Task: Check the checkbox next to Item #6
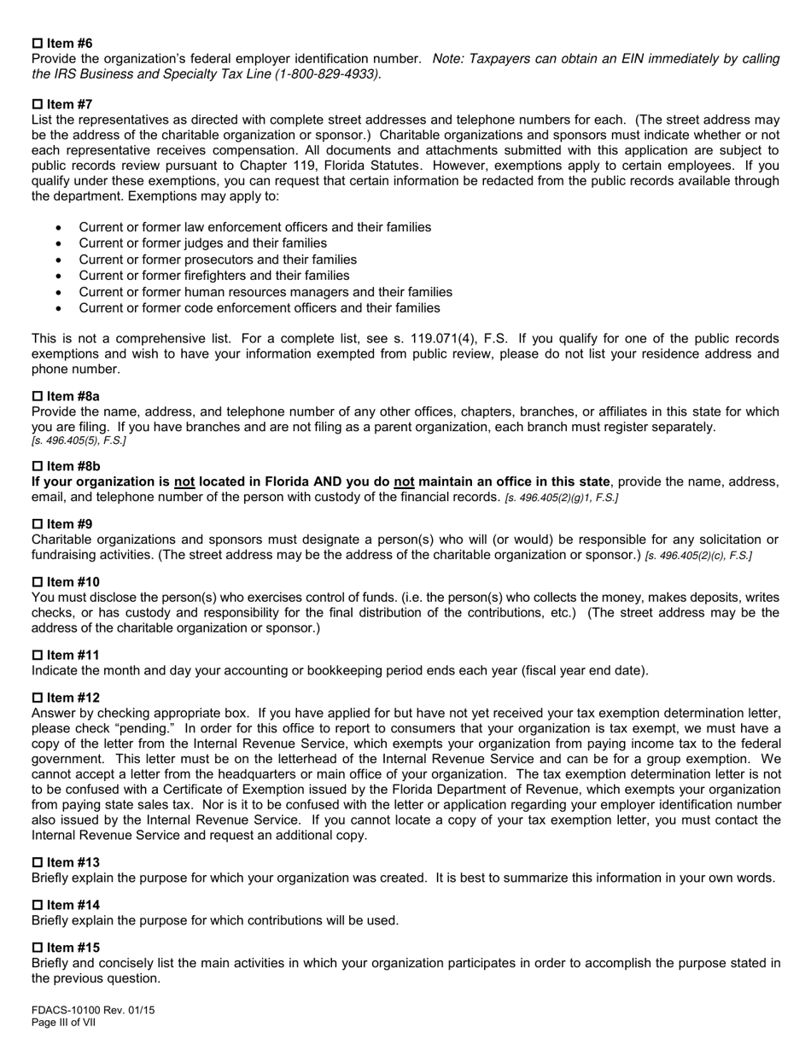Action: click(37, 44)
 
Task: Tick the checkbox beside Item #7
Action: click(37, 105)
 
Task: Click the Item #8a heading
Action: click(73, 396)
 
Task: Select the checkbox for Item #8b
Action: click(37, 466)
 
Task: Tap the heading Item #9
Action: click(69, 524)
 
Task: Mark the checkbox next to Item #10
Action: click(37, 582)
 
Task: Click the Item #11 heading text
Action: click(73, 655)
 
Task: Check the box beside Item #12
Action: click(37, 697)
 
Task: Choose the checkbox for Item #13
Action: click(37, 862)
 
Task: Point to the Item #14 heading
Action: click(73, 905)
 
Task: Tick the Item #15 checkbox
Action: click(37, 948)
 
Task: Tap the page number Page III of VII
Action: click(63, 1023)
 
